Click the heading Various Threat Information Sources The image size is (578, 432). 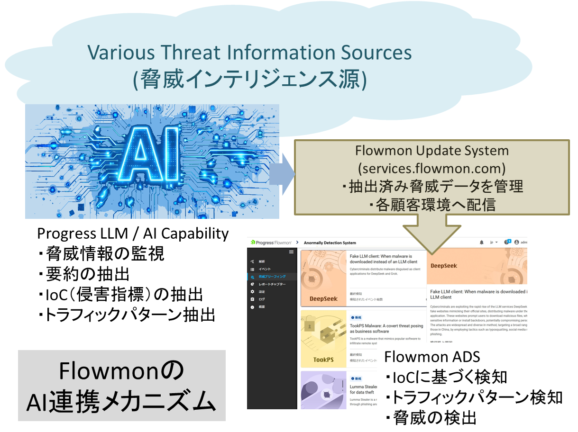[x=249, y=52]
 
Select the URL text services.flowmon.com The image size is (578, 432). [x=432, y=168]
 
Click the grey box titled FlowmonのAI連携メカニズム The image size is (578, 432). [x=122, y=386]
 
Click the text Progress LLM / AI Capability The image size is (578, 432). [x=133, y=233]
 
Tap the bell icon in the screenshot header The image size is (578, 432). [x=482, y=242]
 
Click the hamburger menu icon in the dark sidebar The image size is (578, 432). [x=291, y=252]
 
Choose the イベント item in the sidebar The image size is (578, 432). [x=266, y=269]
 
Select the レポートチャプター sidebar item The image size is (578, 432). [x=272, y=284]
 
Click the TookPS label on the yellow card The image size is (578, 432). [x=323, y=360]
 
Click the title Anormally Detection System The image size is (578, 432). [x=329, y=243]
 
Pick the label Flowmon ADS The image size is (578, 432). [x=432, y=356]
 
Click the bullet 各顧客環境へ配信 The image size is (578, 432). [x=431, y=205]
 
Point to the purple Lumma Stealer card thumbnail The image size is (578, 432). [x=323, y=390]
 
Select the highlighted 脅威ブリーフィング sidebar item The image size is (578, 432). [x=272, y=277]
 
